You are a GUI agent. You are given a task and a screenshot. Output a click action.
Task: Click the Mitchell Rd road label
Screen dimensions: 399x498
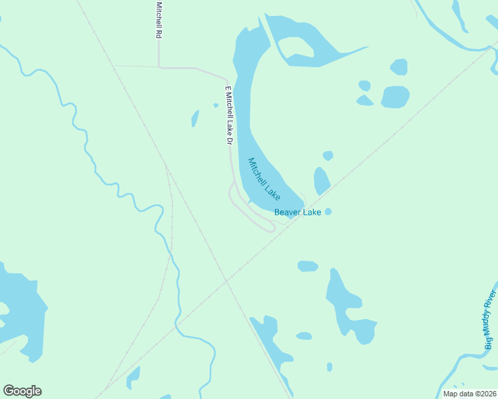pyautogui.click(x=158, y=19)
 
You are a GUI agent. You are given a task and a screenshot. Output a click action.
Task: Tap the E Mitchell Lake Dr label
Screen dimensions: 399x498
pyautogui.click(x=228, y=116)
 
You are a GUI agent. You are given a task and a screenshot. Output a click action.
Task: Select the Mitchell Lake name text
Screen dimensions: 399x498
pyautogui.click(x=264, y=179)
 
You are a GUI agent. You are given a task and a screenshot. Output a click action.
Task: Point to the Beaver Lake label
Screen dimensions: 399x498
pyautogui.click(x=298, y=212)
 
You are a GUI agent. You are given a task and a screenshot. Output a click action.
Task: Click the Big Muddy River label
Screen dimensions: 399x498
pyautogui.click(x=491, y=320)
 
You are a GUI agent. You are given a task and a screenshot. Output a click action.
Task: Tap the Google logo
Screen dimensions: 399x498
pyautogui.click(x=22, y=391)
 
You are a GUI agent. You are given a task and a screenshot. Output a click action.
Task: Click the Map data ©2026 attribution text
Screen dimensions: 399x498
pyautogui.click(x=469, y=394)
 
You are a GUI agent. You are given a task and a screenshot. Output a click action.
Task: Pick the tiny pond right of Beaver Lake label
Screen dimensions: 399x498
pyautogui.click(x=328, y=211)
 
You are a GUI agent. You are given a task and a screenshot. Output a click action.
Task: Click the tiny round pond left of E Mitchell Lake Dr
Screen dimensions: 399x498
pyautogui.click(x=216, y=105)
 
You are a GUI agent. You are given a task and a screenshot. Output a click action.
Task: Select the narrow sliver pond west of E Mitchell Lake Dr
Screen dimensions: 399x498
pyautogui.click(x=195, y=118)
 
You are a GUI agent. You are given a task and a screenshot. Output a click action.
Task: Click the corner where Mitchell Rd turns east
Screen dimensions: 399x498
pyautogui.click(x=159, y=66)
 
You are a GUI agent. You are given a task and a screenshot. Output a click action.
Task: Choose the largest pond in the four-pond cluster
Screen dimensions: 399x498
pyautogui.click(x=395, y=96)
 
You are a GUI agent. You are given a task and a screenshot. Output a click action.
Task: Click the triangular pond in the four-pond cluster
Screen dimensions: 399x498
pyautogui.click(x=364, y=100)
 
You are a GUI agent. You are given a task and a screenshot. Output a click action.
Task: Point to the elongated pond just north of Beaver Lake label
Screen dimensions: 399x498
pyautogui.click(x=321, y=180)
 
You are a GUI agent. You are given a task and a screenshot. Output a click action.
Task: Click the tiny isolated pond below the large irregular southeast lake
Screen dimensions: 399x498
pyautogui.click(x=330, y=366)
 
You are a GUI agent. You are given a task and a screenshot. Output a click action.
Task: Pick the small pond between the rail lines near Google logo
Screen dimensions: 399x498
pyautogui.click(x=134, y=377)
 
